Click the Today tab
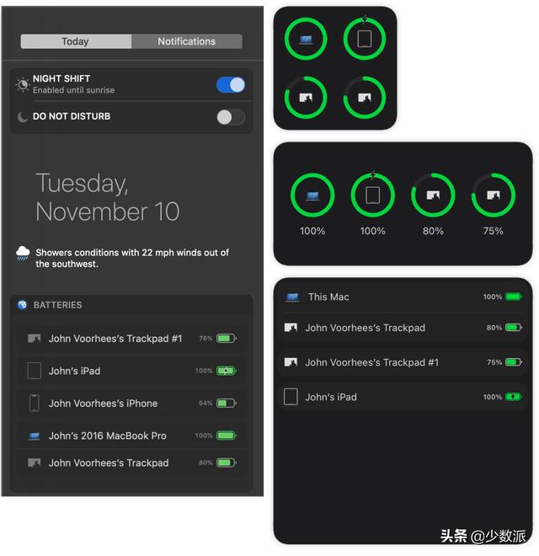tap(76, 41)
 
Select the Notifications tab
tap(186, 41)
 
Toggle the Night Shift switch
tap(231, 85)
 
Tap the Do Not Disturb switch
tap(231, 117)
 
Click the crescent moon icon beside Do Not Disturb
tap(23, 116)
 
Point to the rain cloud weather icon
tap(23, 254)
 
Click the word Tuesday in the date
tap(82, 184)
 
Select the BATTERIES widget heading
tap(58, 305)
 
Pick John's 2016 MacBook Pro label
tap(108, 436)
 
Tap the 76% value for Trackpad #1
tap(205, 339)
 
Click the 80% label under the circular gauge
tap(433, 231)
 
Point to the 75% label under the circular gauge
tap(494, 231)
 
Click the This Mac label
tap(328, 297)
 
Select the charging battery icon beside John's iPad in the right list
tap(514, 397)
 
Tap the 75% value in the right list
tap(494, 362)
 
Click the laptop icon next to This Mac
tap(292, 297)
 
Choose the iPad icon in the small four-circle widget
tap(365, 39)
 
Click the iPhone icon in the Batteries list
tap(35, 404)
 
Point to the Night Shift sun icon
tap(23, 85)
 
